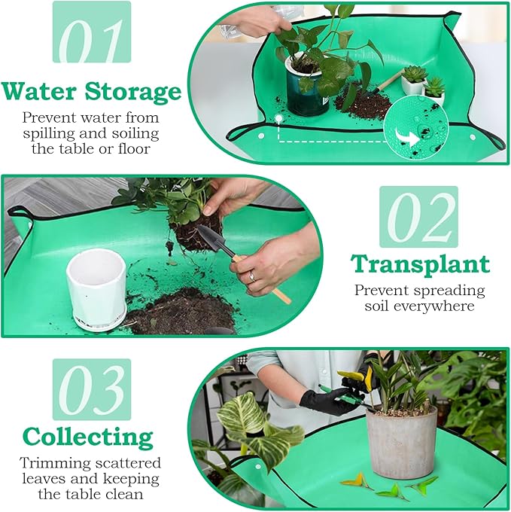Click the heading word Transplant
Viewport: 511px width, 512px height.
[420, 264]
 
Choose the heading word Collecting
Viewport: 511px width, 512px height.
[87, 437]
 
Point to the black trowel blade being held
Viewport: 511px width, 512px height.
[208, 239]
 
